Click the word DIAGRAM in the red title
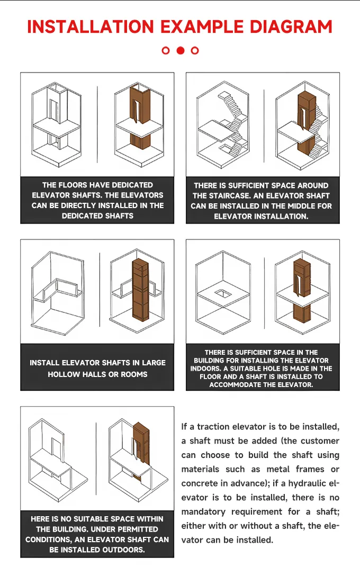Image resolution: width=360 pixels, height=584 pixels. click(291, 27)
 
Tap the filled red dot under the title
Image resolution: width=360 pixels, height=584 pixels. click(180, 50)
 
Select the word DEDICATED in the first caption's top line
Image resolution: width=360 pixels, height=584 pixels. click(132, 185)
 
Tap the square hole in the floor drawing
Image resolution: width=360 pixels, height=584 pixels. click(223, 294)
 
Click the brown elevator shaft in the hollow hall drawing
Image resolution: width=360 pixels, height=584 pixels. click(140, 289)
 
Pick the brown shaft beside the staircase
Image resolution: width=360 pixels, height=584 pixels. click(307, 123)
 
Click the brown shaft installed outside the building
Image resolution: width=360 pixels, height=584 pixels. click(141, 446)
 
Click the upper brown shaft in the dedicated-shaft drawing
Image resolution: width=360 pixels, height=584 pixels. click(139, 104)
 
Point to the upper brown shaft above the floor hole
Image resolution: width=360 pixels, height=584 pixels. click(302, 278)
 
